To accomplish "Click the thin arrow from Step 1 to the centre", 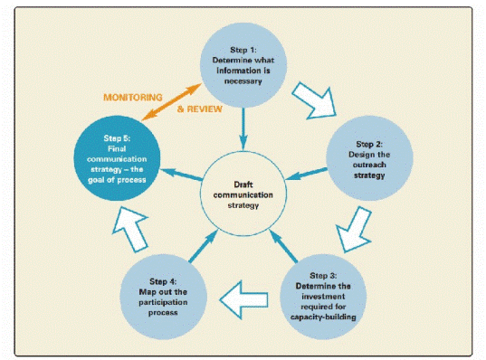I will [243, 127].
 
